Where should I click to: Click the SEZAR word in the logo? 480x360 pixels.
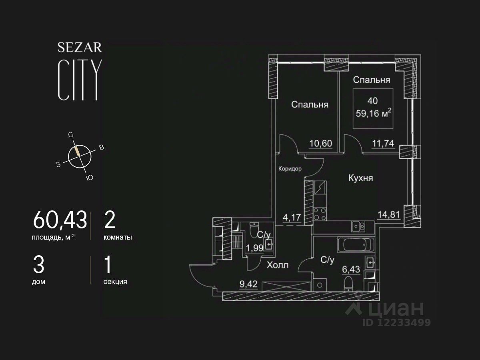pyautogui.click(x=80, y=48)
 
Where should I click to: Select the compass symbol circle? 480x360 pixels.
pyautogui.click(x=79, y=156)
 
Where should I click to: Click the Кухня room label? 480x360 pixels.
pyautogui.click(x=360, y=178)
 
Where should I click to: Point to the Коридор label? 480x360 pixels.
pyautogui.click(x=290, y=169)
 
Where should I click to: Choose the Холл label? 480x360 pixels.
pyautogui.click(x=278, y=265)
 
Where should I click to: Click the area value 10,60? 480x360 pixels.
pyautogui.click(x=321, y=143)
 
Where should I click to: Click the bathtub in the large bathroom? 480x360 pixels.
pyautogui.click(x=356, y=245)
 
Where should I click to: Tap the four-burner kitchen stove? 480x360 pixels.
pyautogui.click(x=320, y=214)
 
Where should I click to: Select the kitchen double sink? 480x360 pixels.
pyautogui.click(x=358, y=227)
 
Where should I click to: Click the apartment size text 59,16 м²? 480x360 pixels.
pyautogui.click(x=373, y=114)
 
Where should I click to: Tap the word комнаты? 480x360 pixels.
pyautogui.click(x=118, y=237)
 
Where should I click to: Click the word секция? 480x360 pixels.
pyautogui.click(x=115, y=282)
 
